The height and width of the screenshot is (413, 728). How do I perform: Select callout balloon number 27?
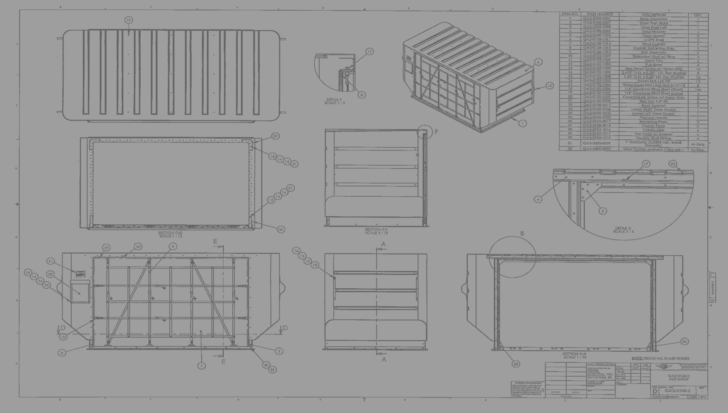(276, 136)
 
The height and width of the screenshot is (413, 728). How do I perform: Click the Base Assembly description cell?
(653, 19)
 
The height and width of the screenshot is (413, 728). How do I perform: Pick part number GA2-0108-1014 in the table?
(597, 44)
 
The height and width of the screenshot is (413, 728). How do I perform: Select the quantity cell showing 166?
(698, 89)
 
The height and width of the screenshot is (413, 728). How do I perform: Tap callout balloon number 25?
(50, 274)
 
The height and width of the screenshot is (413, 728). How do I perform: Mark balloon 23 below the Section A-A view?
(516, 364)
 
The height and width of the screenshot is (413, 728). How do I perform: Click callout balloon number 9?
(173, 246)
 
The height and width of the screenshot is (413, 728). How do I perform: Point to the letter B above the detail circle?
(522, 234)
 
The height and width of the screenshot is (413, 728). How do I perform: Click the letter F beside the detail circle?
(436, 132)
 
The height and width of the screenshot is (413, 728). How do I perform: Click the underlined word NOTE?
(637, 358)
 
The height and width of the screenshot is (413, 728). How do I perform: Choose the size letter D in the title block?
(655, 391)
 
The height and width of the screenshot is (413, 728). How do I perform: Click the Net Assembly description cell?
(653, 52)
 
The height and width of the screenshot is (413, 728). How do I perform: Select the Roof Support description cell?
(653, 106)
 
